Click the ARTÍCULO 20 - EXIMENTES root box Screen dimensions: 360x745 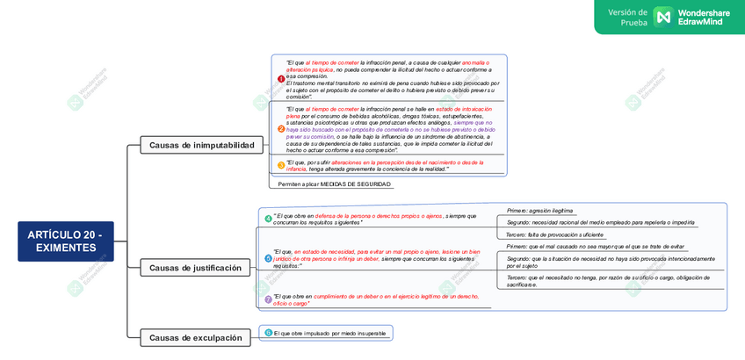[x=66, y=241]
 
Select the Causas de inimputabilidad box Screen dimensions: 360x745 [x=201, y=145]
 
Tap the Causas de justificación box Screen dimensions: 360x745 [x=195, y=268]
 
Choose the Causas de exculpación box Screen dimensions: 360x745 [x=195, y=337]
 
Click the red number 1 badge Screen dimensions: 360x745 [x=281, y=79]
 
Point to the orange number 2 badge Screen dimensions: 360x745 [x=281, y=129]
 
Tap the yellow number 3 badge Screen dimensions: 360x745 [x=281, y=165]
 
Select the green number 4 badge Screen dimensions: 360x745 [x=268, y=219]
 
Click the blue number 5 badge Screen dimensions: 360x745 [x=268, y=258]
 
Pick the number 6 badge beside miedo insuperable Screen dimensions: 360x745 [x=268, y=333]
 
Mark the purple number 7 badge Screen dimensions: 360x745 [x=268, y=299]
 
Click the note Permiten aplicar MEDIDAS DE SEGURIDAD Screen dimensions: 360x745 [x=334, y=184]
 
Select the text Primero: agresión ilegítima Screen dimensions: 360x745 [x=539, y=211]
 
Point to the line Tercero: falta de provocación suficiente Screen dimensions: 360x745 [x=554, y=234]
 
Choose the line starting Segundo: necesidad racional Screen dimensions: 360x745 [x=600, y=222]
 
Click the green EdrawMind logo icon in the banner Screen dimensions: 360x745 [x=662, y=17]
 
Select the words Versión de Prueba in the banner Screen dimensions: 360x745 [x=628, y=17]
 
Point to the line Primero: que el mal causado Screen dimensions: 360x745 [x=595, y=247]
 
